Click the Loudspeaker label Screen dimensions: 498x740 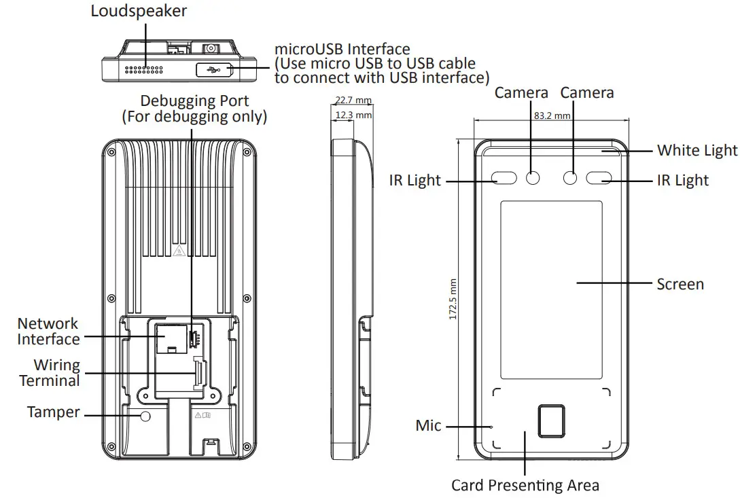(x=139, y=12)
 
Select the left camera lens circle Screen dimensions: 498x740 (x=533, y=178)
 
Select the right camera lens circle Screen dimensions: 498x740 (x=571, y=178)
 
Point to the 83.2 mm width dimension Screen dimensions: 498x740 (x=552, y=115)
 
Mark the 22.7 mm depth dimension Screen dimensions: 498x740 (x=353, y=101)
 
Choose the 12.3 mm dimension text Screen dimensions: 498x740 (x=354, y=115)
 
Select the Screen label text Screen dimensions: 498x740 (x=680, y=284)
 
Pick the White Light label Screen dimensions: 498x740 (x=697, y=150)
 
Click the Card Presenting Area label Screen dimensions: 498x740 (x=525, y=485)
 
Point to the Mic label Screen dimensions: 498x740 (x=428, y=426)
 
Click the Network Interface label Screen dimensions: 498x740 (x=48, y=332)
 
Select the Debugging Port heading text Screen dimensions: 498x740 (x=194, y=101)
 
